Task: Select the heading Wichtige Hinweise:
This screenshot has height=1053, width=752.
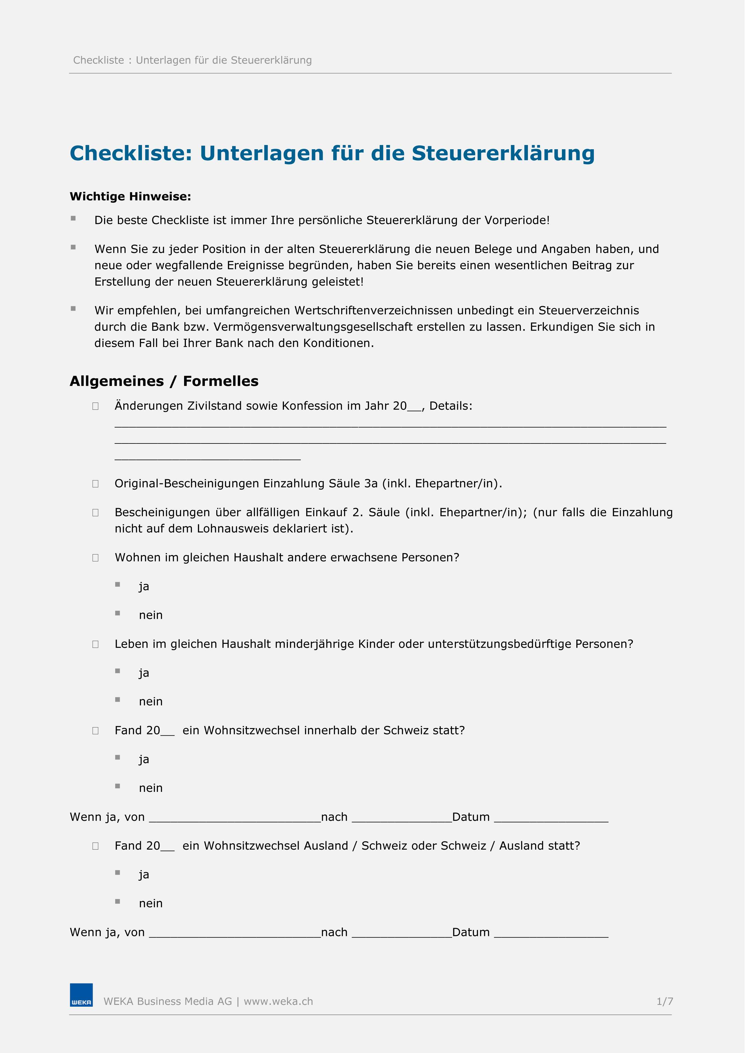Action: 131,198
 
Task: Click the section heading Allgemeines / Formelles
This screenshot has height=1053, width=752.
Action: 165,385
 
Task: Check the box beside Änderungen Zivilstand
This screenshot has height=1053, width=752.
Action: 96,410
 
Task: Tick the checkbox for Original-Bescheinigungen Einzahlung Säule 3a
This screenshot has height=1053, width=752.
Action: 96,489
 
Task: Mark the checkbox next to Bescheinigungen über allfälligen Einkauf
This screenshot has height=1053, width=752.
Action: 96,518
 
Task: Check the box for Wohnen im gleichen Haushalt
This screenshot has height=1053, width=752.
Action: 96,563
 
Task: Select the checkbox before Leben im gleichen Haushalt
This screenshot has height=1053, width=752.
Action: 96,650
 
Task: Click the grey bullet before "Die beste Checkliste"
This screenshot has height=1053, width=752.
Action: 74,221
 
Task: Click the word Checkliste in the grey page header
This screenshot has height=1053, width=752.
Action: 100,61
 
